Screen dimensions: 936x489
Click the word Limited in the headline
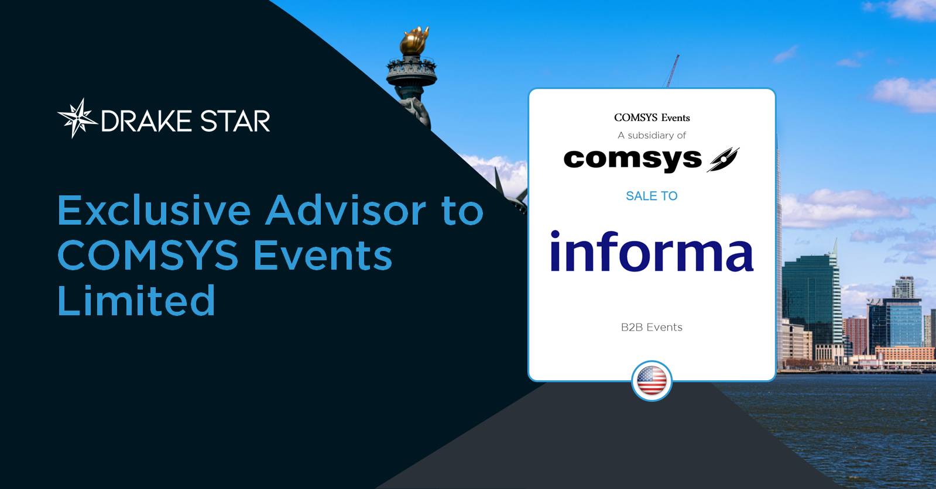(136, 300)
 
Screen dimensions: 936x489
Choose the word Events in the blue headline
(323, 255)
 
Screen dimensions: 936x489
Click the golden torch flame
(414, 40)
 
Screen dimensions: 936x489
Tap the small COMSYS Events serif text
(652, 118)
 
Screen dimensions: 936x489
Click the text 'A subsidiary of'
(652, 135)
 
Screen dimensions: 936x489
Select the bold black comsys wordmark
(633, 160)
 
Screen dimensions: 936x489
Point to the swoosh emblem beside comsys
(723, 160)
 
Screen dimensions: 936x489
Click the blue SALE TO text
(652, 196)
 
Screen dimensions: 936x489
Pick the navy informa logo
(652, 250)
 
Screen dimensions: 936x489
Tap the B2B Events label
(652, 328)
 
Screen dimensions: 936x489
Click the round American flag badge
(652, 381)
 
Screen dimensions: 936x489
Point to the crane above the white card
(673, 71)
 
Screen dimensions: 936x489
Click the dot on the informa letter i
(555, 235)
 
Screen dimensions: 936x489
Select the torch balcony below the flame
(412, 69)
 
